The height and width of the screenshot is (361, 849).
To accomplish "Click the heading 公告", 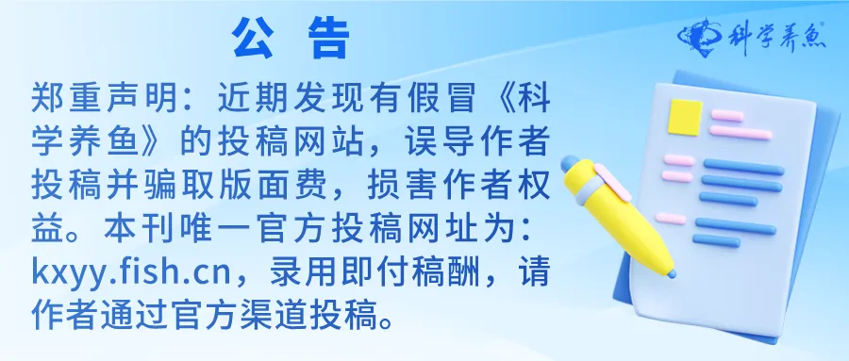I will [290, 39].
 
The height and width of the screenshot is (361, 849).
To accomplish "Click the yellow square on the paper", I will [685, 116].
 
